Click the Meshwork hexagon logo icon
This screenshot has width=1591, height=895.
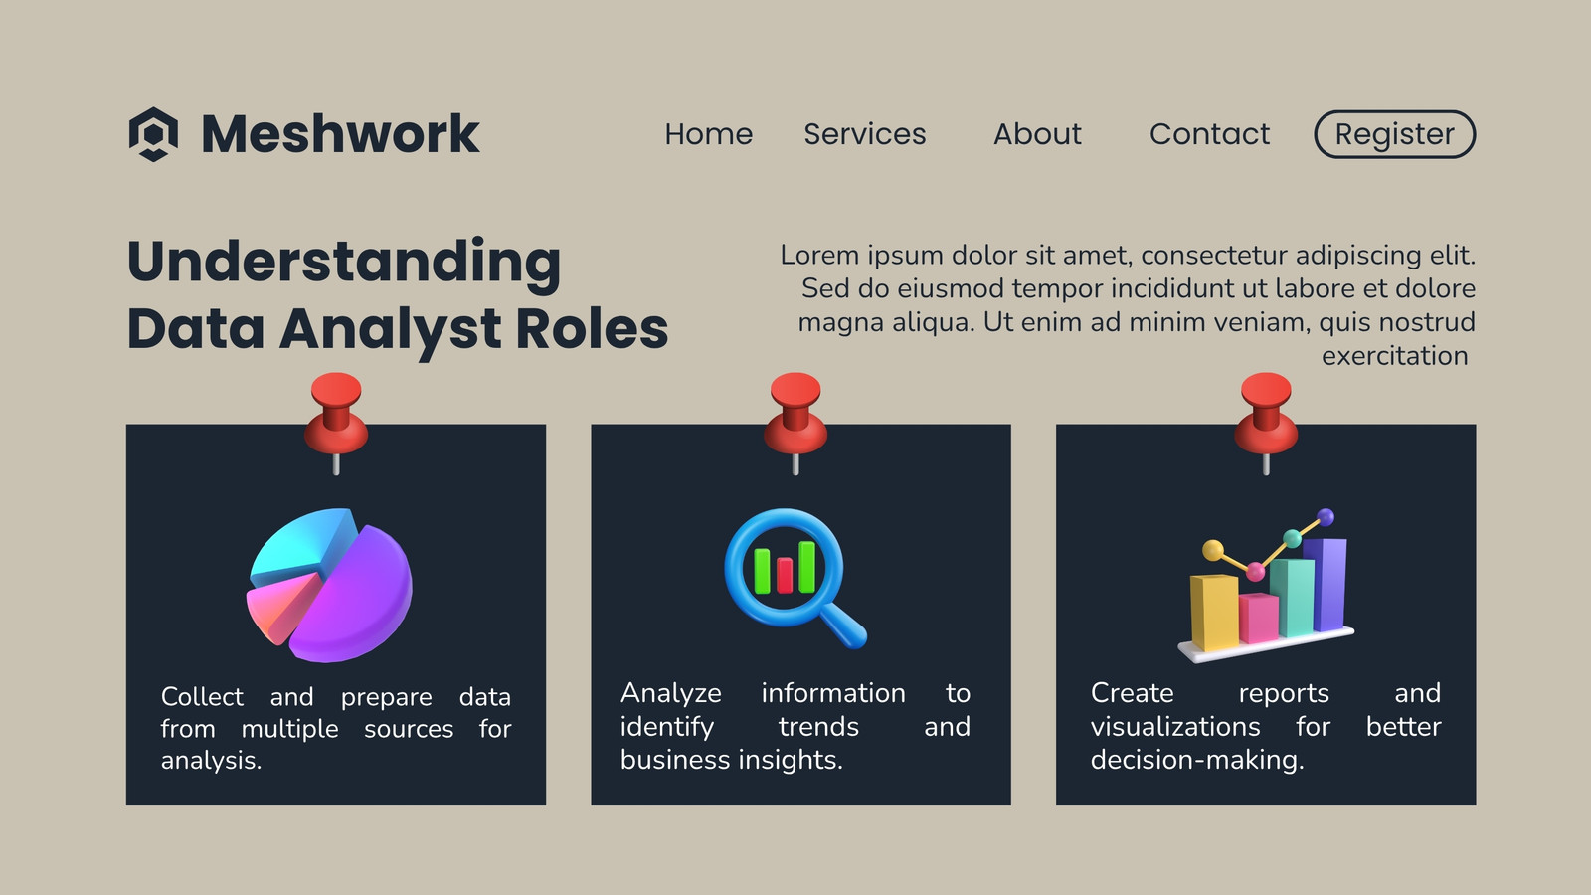(x=153, y=134)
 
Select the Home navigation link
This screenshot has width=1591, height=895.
(x=708, y=134)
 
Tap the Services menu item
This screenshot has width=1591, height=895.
(x=864, y=134)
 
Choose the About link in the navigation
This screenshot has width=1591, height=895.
(x=1037, y=134)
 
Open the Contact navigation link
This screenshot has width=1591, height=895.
(x=1209, y=134)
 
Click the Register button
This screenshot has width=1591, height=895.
(x=1394, y=134)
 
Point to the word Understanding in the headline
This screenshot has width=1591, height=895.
(x=344, y=263)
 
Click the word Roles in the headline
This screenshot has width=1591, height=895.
(x=592, y=328)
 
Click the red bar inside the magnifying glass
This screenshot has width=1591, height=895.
(x=785, y=575)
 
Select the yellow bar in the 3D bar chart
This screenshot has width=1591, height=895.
(x=1214, y=613)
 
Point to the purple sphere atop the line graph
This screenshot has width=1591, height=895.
(x=1326, y=517)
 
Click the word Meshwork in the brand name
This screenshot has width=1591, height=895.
(x=340, y=133)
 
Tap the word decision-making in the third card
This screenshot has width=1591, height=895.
(x=1197, y=760)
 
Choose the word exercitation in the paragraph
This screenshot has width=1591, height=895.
(x=1394, y=356)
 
